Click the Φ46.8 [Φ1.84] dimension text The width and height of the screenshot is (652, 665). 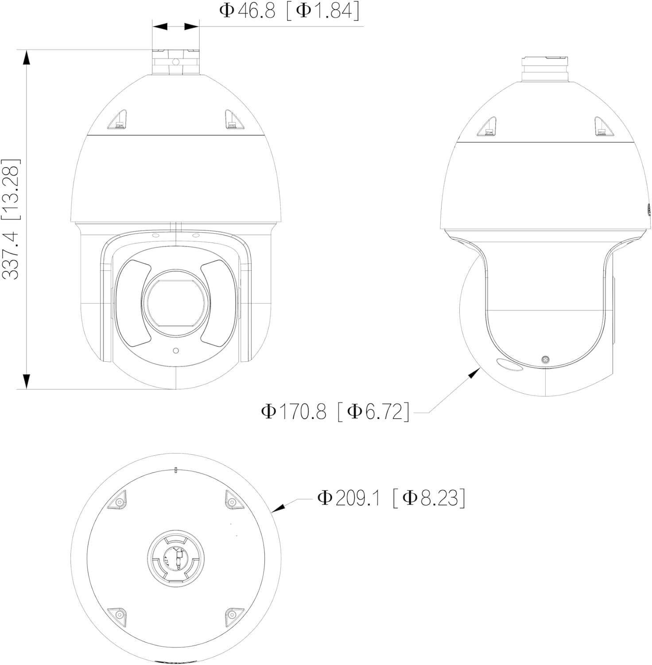tap(289, 11)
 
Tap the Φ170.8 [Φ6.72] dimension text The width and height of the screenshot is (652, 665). tap(335, 411)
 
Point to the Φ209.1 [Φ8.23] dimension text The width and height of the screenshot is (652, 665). tap(391, 498)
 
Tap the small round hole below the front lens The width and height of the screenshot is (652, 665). tap(176, 351)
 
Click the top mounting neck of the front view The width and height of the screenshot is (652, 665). tap(176, 62)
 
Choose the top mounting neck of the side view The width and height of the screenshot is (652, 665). tap(545, 69)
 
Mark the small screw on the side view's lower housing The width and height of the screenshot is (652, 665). tap(546, 360)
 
